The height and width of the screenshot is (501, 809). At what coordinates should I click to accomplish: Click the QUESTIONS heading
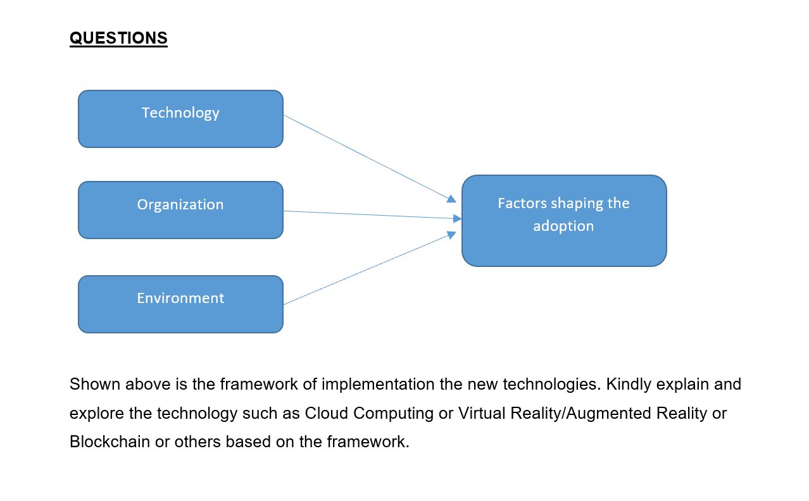click(118, 38)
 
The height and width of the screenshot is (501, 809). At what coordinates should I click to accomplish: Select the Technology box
click(180, 119)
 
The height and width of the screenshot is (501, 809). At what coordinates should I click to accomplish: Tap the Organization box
click(180, 210)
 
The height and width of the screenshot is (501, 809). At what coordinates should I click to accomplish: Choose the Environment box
click(180, 304)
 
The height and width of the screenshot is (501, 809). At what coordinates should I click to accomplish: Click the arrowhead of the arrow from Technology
click(451, 199)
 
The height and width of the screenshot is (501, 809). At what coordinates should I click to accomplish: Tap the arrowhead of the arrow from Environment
click(451, 235)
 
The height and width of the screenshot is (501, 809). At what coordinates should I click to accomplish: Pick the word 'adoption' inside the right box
click(563, 226)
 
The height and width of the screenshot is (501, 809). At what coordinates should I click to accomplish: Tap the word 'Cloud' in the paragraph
click(327, 413)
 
